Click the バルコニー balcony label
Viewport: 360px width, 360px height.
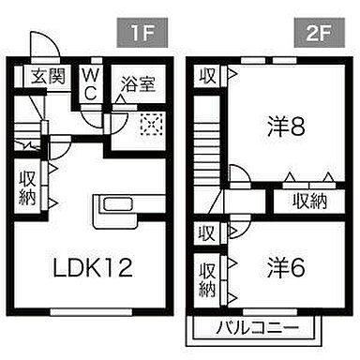coord(257,328)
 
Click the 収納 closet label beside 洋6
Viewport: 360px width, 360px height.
coord(207,277)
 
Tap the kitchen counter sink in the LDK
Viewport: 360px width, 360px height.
coord(118,205)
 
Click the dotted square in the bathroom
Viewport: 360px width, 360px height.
coord(150,123)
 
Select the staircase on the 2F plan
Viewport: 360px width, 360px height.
coord(207,155)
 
